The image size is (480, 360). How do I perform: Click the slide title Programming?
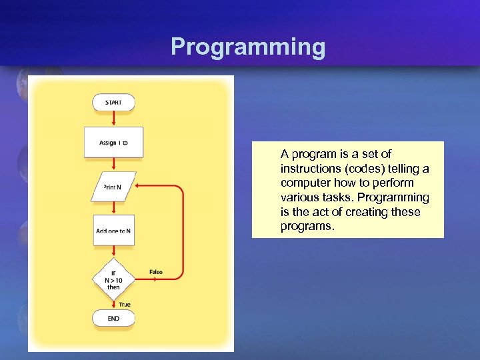click(x=248, y=47)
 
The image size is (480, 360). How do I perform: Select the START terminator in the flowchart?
click(x=113, y=102)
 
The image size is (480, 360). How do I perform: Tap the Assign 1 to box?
click(x=113, y=142)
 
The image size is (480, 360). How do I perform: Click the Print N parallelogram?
click(x=113, y=187)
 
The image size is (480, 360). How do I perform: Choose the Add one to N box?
click(x=113, y=230)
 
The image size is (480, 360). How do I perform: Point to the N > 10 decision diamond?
click(x=113, y=280)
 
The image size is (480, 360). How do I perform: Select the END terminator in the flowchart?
click(x=113, y=319)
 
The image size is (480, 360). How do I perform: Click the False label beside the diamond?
click(x=156, y=272)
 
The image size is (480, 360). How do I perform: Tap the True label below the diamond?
click(x=125, y=304)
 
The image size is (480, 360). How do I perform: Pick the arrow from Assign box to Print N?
click(x=114, y=164)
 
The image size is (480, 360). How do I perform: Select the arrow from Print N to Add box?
click(x=114, y=207)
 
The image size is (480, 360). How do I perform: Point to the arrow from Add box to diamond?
click(x=114, y=253)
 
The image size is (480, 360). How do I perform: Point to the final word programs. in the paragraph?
click(x=307, y=227)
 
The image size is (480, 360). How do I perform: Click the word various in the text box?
click(x=299, y=197)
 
